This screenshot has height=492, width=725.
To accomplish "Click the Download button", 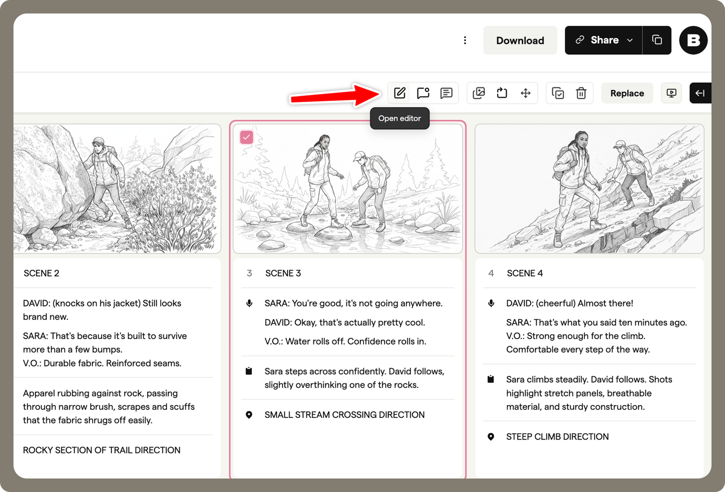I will [x=520, y=41].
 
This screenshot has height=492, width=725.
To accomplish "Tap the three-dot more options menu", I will [x=465, y=41].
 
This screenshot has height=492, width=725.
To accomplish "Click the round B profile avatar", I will [x=693, y=41].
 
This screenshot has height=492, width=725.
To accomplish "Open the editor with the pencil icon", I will [x=400, y=93].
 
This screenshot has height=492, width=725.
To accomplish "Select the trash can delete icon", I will [x=581, y=93].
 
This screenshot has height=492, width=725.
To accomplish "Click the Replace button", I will [x=627, y=93].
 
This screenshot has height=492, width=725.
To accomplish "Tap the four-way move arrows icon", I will [x=525, y=93].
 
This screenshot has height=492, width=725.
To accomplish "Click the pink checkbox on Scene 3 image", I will [x=246, y=137].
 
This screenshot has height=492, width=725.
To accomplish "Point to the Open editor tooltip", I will [x=399, y=119].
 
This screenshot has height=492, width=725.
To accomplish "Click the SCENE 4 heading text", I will [x=524, y=273].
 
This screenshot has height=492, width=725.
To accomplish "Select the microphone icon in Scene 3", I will [x=249, y=303].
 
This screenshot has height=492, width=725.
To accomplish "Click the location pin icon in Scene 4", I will [x=491, y=437].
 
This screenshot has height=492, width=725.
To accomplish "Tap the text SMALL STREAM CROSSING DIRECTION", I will [x=344, y=415].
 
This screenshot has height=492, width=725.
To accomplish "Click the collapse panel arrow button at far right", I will [x=700, y=93].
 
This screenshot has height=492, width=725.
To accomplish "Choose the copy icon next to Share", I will [x=657, y=41].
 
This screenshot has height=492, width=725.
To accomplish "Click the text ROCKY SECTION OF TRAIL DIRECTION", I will [x=101, y=450].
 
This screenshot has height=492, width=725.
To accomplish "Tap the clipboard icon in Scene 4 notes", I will [x=491, y=379].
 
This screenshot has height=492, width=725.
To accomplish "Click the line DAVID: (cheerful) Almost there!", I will [x=569, y=303].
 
